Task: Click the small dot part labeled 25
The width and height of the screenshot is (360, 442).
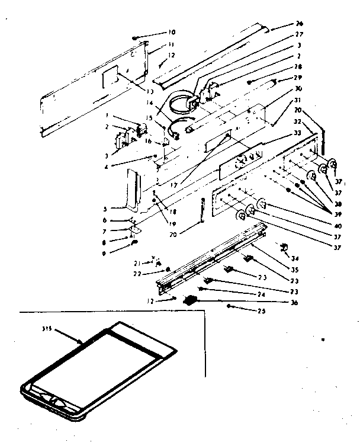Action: pyautogui.click(x=229, y=306)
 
